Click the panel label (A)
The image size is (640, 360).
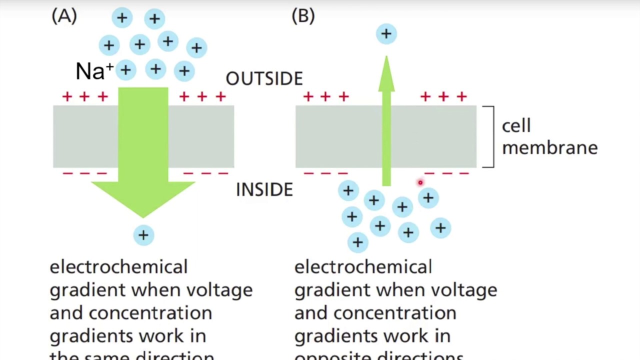pos(64,16)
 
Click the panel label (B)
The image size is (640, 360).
pos(303,16)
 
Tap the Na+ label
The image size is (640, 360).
pos(94,71)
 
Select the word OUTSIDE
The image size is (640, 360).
pos(264,79)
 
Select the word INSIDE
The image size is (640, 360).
pos(264,190)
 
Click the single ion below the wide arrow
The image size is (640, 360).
pos(143,235)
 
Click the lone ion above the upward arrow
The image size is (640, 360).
pos(386,34)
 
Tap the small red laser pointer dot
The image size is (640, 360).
pos(420,183)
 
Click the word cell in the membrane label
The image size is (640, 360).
pos(515,126)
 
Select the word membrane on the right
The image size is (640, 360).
pos(549,148)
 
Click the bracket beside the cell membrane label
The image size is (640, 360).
pos(491,136)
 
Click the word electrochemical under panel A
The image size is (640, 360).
pos(118,267)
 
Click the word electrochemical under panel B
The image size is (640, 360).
pos(363,267)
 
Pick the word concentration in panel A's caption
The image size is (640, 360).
pos(150,313)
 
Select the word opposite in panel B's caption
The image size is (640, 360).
pos(333,356)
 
